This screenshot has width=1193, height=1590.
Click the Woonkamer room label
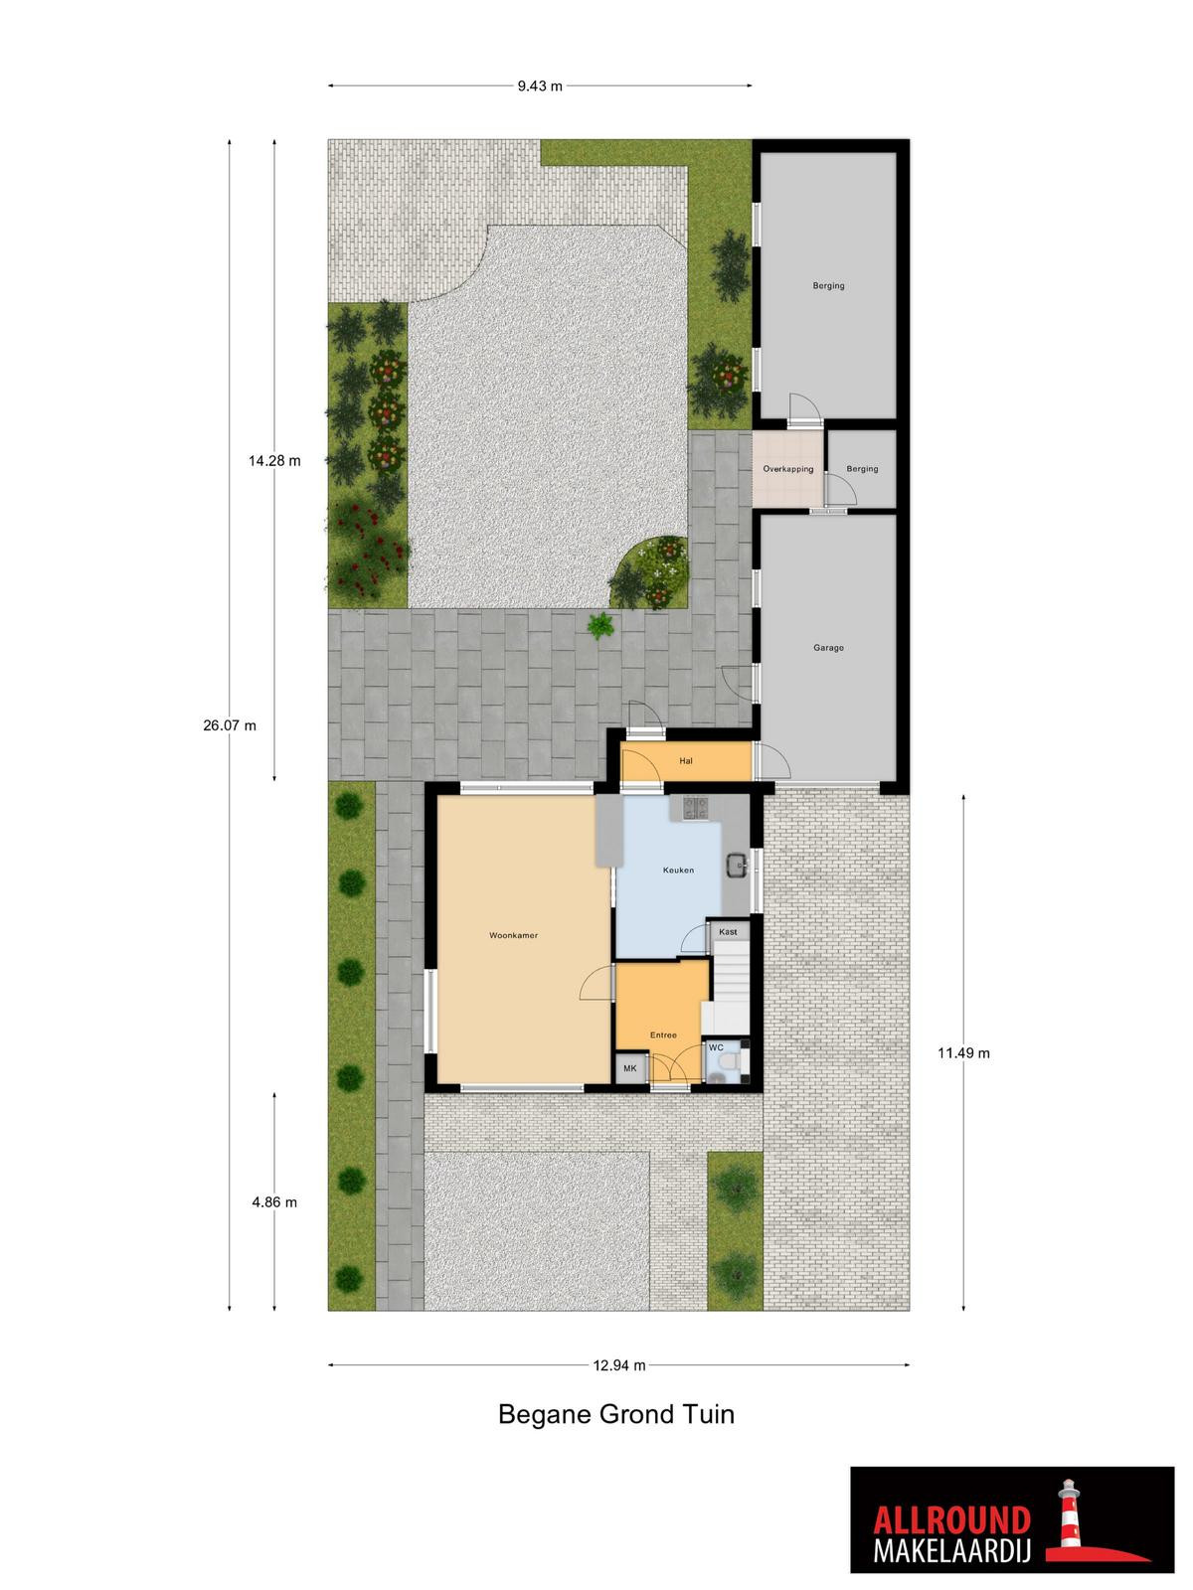[513, 936]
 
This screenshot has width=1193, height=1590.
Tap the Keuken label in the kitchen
[678, 870]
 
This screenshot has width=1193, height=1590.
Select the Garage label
[828, 648]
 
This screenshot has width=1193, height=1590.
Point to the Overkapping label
[788, 469]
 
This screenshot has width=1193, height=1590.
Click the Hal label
[686, 760]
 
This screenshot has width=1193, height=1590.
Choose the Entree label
[663, 1035]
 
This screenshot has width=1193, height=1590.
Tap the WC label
[716, 1047]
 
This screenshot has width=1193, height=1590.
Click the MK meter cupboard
[630, 1068]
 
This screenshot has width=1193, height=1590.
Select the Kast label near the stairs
[728, 932]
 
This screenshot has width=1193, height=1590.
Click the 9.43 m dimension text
[540, 86]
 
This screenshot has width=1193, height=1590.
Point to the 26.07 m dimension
[230, 725]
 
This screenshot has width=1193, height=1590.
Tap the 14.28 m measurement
[274, 461]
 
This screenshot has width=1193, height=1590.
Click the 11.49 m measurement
[963, 1053]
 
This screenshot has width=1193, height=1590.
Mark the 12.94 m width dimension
[619, 1365]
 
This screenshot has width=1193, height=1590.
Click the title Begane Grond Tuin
[616, 1414]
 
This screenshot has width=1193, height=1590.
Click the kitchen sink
[738, 865]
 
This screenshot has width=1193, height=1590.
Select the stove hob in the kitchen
[695, 808]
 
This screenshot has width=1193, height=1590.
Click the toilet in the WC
[729, 1061]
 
